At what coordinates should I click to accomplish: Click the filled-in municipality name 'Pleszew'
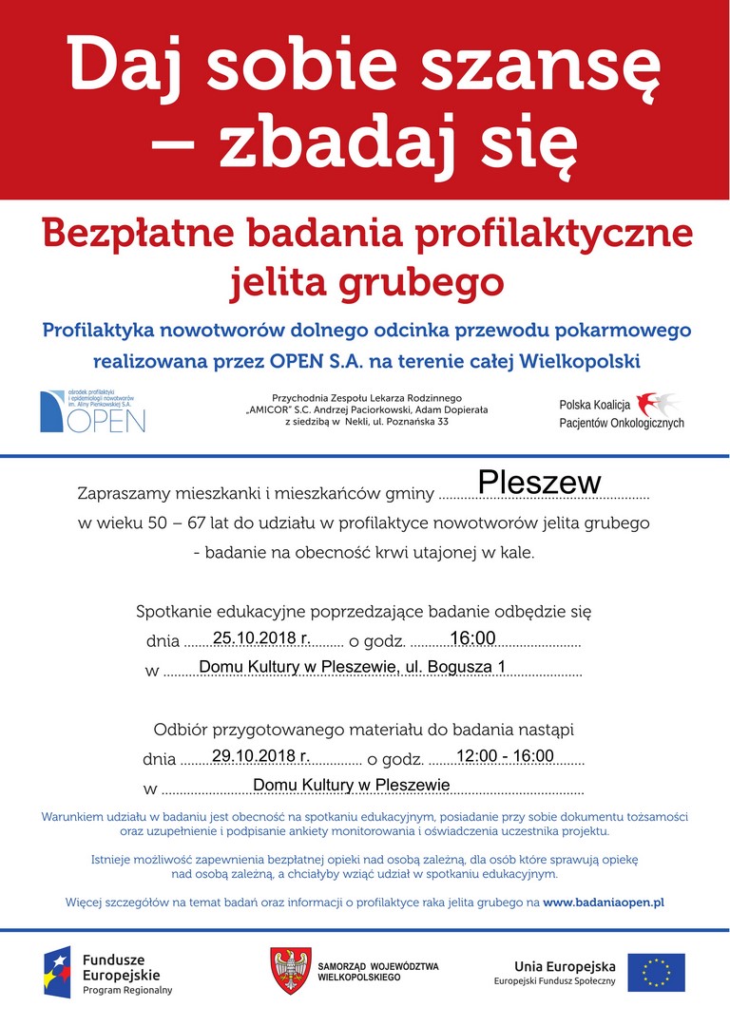click(x=539, y=483)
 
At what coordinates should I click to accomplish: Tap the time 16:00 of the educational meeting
click(x=472, y=638)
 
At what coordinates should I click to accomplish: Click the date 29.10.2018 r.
click(x=261, y=756)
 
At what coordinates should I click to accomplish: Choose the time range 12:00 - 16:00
click(x=505, y=756)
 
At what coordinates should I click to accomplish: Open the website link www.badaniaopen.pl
click(x=604, y=901)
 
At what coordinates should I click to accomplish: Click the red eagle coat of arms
click(x=288, y=971)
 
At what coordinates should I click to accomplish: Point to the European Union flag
click(x=656, y=972)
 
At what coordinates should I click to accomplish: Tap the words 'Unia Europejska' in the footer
click(x=565, y=966)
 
